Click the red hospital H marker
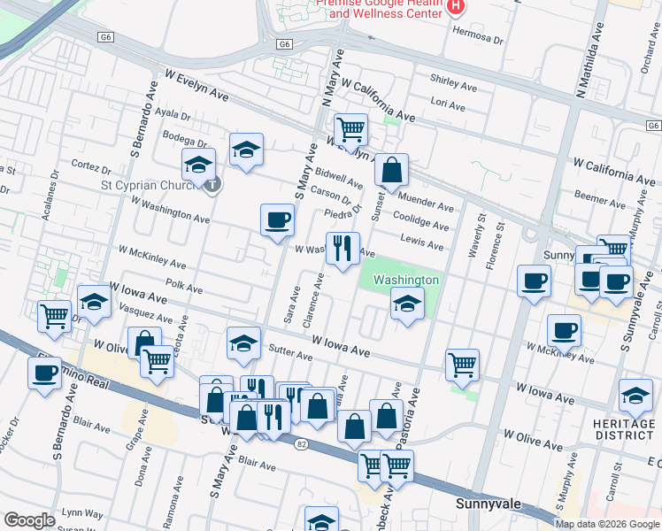coord(456,7)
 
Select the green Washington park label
coord(405,280)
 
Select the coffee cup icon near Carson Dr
coord(278,219)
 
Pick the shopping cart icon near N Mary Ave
coord(351,129)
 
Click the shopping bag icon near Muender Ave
coord(390,168)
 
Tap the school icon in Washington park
coord(406,304)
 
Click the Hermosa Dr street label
coord(478,40)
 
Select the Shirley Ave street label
coord(453,81)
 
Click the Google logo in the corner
coord(29,520)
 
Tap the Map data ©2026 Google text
coord(606,524)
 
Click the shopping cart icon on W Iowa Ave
coord(462,363)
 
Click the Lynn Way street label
coord(82,514)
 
